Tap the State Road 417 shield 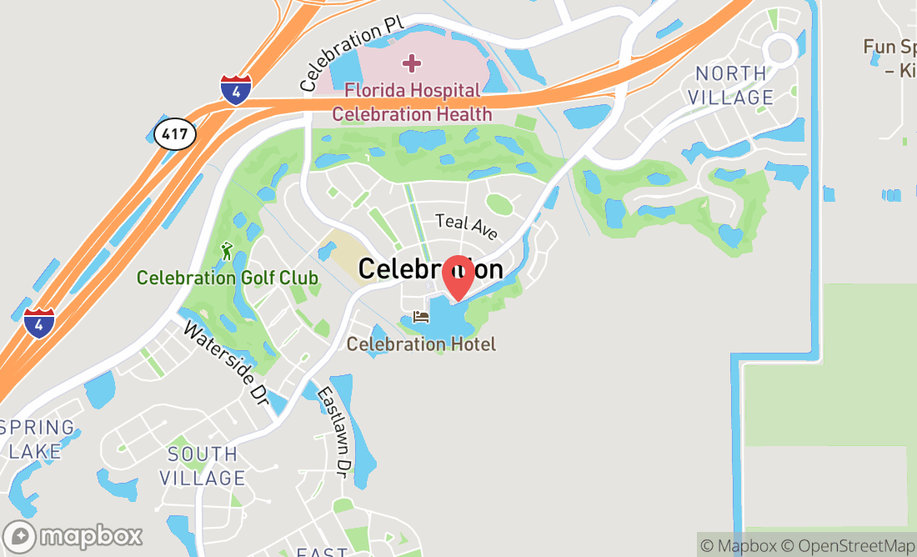[x=175, y=133]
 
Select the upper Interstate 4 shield [x=236, y=89]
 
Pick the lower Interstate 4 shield [x=38, y=323]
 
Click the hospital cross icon [x=411, y=63]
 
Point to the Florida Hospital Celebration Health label [x=412, y=102]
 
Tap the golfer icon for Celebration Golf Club [x=227, y=249]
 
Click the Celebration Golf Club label [x=227, y=278]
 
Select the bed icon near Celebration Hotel [x=421, y=318]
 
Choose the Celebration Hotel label [x=421, y=344]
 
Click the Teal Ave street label [x=467, y=224]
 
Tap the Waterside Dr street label [x=225, y=364]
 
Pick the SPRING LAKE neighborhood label [x=36, y=440]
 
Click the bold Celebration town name [x=430, y=269]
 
